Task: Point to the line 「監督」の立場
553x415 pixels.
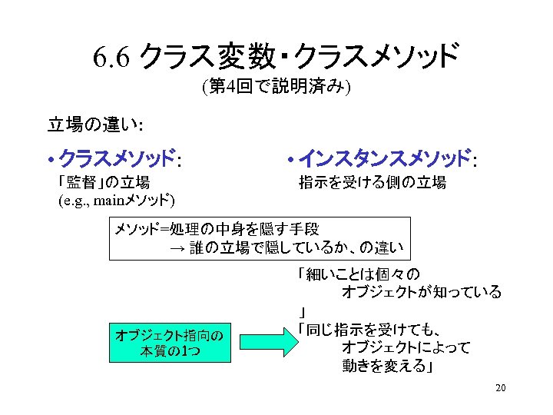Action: point(104,182)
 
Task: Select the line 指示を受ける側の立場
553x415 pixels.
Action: point(373,182)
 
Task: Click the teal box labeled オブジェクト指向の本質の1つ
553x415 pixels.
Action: point(170,343)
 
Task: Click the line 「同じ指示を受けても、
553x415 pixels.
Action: point(369,330)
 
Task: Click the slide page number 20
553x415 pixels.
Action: point(501,387)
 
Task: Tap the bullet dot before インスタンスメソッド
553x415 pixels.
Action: point(290,161)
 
